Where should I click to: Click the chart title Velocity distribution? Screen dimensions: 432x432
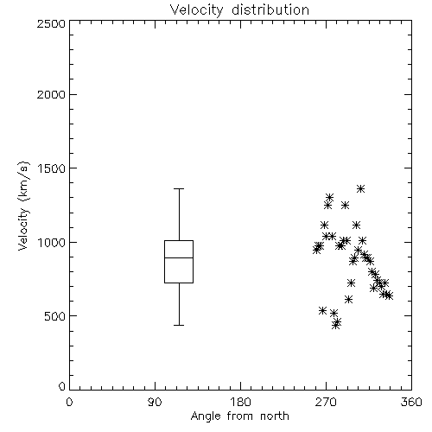(x=239, y=10)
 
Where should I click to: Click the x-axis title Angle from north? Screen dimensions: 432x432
(x=239, y=416)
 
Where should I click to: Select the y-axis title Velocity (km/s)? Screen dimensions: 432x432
(x=23, y=206)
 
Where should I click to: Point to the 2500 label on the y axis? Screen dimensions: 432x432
(x=51, y=23)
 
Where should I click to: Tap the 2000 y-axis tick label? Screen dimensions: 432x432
(x=51, y=94)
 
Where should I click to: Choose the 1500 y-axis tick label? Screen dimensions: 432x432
(x=52, y=168)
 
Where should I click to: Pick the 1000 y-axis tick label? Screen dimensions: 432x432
(x=52, y=242)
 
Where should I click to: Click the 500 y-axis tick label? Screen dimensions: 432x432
(x=54, y=316)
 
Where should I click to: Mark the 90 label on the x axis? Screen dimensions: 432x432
(x=155, y=402)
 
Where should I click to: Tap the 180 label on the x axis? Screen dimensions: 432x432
(x=240, y=402)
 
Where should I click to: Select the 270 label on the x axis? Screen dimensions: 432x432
(x=326, y=402)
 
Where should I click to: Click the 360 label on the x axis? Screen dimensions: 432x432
(x=411, y=402)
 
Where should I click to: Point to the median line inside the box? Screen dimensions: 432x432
(x=179, y=257)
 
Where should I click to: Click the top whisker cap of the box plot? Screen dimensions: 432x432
(x=179, y=189)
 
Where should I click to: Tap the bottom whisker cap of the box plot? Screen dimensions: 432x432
(x=179, y=325)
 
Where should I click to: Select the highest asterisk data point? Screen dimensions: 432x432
(x=360, y=189)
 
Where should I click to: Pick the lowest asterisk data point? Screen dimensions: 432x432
(x=335, y=326)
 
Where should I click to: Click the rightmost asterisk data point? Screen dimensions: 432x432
(x=389, y=295)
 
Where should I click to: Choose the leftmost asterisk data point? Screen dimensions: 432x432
(x=316, y=250)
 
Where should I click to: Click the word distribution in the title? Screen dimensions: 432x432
(x=270, y=10)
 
